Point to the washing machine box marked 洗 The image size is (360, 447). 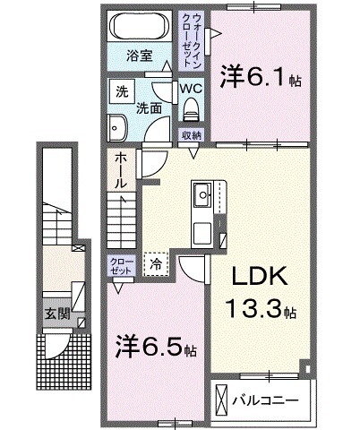(x=119, y=90)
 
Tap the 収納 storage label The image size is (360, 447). (x=191, y=135)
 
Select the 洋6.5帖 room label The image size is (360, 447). (x=157, y=345)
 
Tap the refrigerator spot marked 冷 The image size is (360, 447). (x=156, y=263)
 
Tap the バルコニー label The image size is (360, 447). (x=266, y=395)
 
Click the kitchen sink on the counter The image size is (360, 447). (x=201, y=192)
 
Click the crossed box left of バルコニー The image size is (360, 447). (x=221, y=395)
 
